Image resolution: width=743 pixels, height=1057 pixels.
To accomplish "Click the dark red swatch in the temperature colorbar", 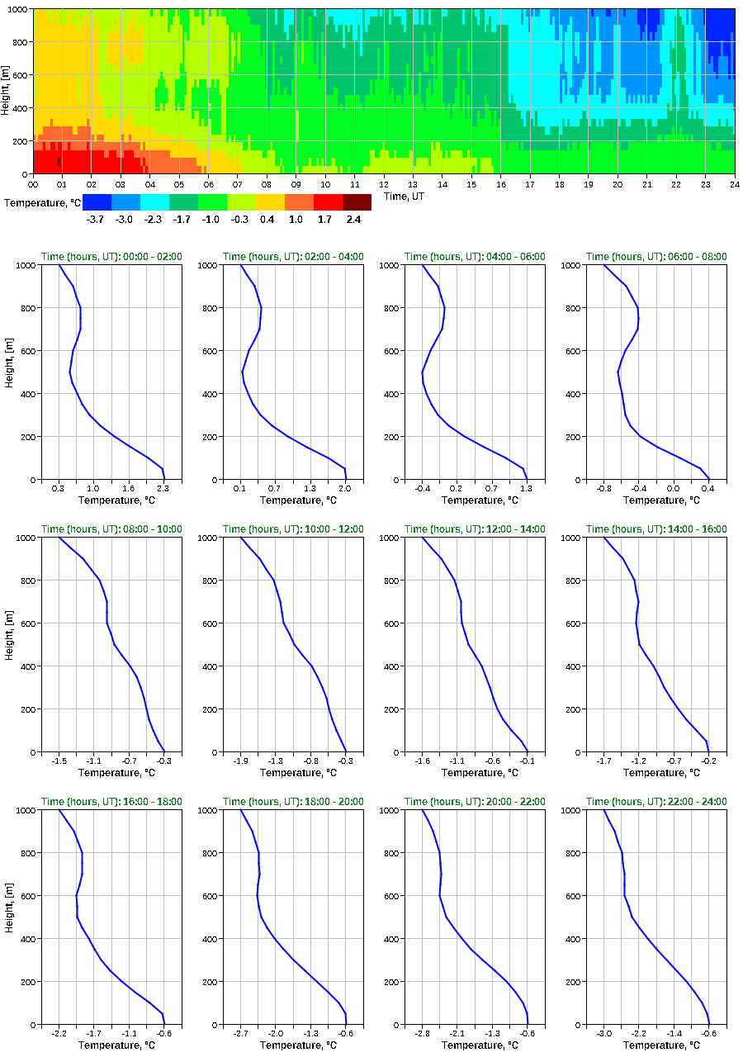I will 357,202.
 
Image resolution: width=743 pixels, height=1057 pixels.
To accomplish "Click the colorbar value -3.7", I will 96,220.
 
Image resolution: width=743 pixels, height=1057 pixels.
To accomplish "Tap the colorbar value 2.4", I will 353,220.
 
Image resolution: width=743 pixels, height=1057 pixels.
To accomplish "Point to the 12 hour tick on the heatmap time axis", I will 384,183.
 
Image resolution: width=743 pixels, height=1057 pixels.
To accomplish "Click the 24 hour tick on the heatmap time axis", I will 734,183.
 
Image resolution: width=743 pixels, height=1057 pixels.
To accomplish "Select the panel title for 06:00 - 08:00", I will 656,257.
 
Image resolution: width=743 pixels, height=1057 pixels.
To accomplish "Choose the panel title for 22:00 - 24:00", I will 656,802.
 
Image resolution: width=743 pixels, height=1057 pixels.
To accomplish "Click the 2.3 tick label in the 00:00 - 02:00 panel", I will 164,489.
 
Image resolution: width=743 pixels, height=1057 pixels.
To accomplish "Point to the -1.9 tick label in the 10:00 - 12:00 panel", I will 241,761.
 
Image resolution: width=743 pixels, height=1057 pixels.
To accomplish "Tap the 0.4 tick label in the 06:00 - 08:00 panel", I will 708,489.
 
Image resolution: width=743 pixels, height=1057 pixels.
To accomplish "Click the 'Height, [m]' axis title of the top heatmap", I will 6,91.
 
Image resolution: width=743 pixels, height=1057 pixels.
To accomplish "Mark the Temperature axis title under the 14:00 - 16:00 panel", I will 656,773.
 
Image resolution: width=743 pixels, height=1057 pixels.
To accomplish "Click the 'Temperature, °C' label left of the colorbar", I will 42,202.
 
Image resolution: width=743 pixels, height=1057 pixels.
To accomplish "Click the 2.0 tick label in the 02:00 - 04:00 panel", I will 345,489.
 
